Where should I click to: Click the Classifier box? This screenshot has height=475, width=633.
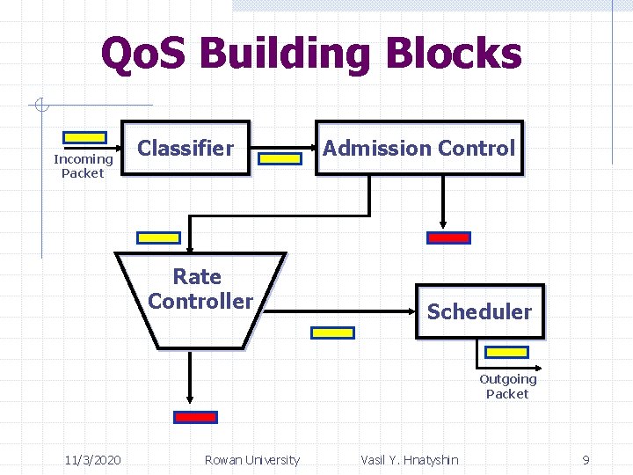coord(186,148)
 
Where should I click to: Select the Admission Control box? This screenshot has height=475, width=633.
coord(418,148)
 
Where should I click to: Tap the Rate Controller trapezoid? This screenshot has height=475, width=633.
coord(200,299)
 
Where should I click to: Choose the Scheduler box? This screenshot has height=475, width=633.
coord(479,311)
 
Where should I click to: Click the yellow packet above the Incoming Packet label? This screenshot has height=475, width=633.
coord(84,138)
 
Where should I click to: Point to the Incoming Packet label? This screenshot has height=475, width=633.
coord(83,166)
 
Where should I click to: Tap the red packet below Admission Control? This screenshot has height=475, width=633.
coord(448,237)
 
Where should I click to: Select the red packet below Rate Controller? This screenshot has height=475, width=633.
coord(195,417)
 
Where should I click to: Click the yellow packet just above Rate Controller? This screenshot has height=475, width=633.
coord(159,237)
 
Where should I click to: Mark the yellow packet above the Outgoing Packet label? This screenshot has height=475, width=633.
coord(507,353)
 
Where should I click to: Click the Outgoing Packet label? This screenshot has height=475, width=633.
coord(507,386)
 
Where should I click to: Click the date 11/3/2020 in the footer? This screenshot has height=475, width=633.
coord(93,460)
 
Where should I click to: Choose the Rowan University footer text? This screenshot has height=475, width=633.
coord(251,460)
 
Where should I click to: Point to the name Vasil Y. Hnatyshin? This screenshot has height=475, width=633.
coord(409,460)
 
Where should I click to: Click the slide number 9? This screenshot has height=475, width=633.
coord(586,460)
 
